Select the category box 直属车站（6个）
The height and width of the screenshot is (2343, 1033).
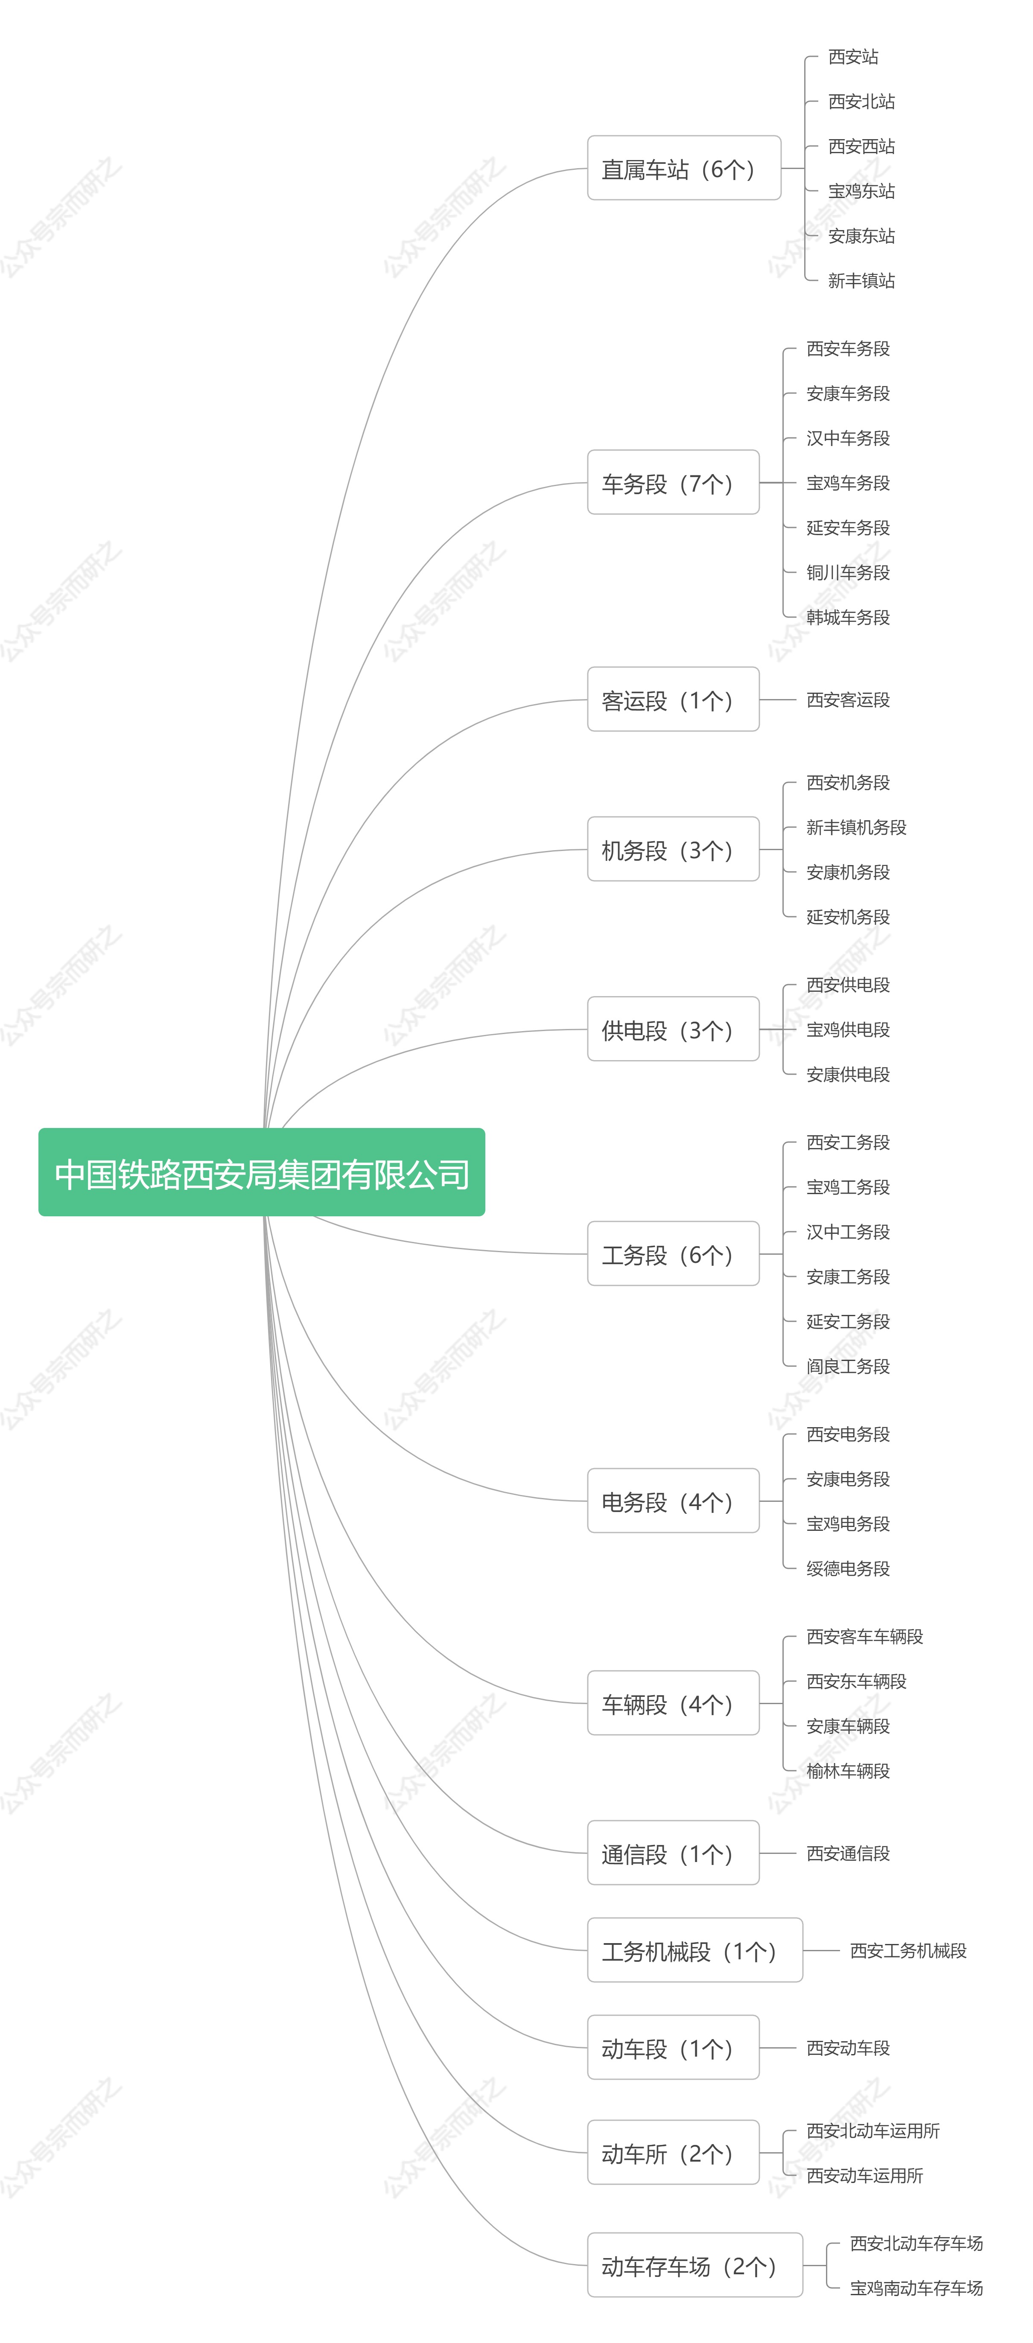pos(684,168)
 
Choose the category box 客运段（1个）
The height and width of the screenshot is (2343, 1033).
pos(673,699)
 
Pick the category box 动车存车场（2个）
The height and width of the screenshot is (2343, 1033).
pos(695,2265)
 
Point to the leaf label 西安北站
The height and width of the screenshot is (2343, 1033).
pos(861,101)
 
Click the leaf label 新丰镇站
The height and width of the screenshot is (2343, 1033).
pos(861,280)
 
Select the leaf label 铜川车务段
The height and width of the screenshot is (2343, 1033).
pos(847,572)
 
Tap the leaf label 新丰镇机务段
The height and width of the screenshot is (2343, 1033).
pos(856,827)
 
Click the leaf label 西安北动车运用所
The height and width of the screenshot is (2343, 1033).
pos(872,2130)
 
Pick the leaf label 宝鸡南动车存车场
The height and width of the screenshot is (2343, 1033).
pos(916,2288)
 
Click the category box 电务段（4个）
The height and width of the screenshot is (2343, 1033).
pos(673,1501)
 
